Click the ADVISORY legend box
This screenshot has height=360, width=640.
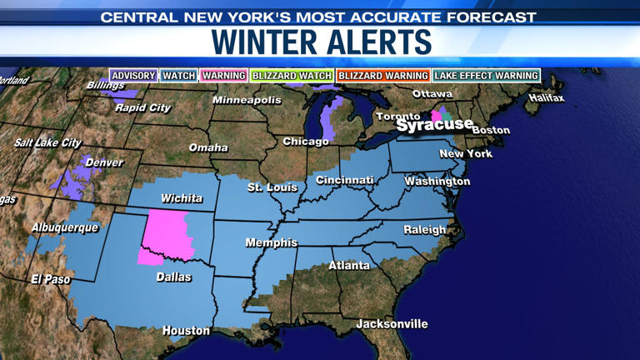[133, 76]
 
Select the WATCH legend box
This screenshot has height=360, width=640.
[178, 76]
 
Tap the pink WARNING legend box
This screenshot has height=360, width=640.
[223, 76]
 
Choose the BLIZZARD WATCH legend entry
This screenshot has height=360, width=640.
[292, 76]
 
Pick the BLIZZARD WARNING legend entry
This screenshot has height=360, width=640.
[382, 76]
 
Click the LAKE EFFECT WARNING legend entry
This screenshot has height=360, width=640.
[486, 76]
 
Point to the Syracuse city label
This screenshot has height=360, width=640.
[434, 125]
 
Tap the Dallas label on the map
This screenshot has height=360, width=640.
[173, 277]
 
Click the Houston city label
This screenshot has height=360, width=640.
[186, 331]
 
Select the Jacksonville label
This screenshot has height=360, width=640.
[392, 323]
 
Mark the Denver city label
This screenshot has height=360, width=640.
[104, 162]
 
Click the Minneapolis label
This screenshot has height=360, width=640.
[247, 100]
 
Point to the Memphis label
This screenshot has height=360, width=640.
[271, 242]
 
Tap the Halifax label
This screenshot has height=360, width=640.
[546, 98]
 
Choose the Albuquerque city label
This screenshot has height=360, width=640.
[65, 227]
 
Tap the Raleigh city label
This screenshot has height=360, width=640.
[425, 230]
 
